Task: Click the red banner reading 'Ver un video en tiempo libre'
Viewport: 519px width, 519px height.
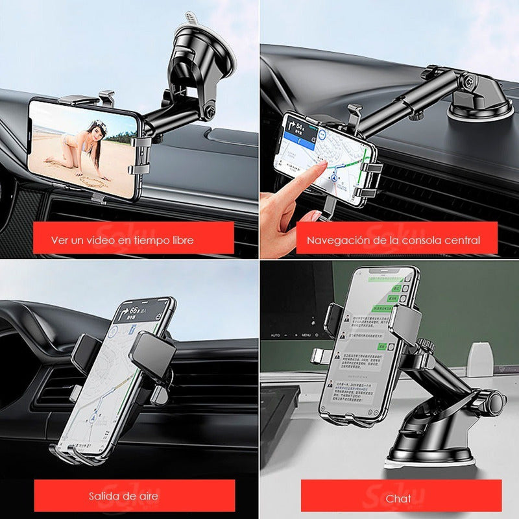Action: pyautogui.click(x=133, y=239)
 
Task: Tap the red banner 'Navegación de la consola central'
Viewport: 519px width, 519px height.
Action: pyautogui.click(x=393, y=239)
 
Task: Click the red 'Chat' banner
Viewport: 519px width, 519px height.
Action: pyautogui.click(x=398, y=498)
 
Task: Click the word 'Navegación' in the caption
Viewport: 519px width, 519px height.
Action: pyautogui.click(x=335, y=239)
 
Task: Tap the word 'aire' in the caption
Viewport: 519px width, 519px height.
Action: pyautogui.click(x=147, y=496)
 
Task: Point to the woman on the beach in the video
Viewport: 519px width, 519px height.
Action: pyautogui.click(x=91, y=146)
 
